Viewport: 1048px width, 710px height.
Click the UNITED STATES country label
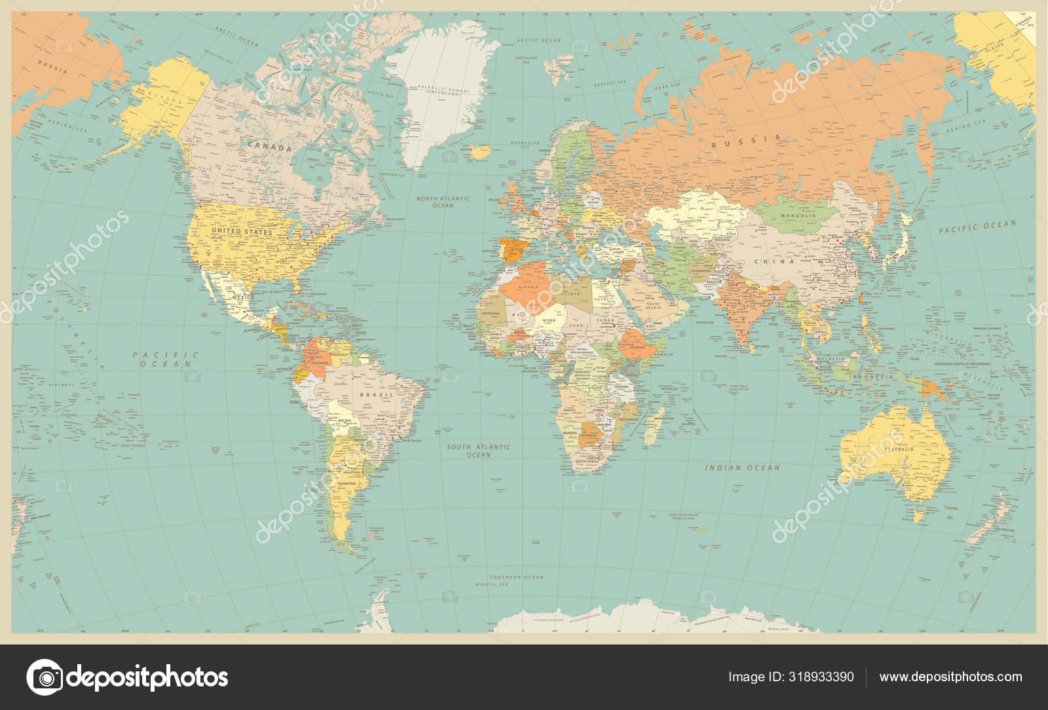tap(242, 231)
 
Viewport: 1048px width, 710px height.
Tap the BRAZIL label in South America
tap(377, 395)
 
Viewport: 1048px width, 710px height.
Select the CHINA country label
tap(774, 261)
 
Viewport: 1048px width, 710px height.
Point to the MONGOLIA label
tap(798, 215)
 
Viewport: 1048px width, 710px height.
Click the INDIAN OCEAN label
tap(742, 468)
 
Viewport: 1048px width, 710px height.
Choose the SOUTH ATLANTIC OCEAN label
tap(478, 451)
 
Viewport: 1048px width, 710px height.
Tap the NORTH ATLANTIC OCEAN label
tap(443, 202)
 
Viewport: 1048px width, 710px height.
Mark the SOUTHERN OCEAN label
tap(516, 577)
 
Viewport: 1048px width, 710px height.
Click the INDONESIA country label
tap(871, 377)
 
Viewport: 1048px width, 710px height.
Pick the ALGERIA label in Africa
tap(528, 287)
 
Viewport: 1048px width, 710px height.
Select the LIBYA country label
tap(572, 293)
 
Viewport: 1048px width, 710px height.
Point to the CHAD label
tap(576, 326)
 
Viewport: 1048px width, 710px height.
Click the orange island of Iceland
tap(481, 152)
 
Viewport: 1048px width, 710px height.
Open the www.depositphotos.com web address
tap(950, 677)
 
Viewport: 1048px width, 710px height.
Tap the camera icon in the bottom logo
tap(45, 677)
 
